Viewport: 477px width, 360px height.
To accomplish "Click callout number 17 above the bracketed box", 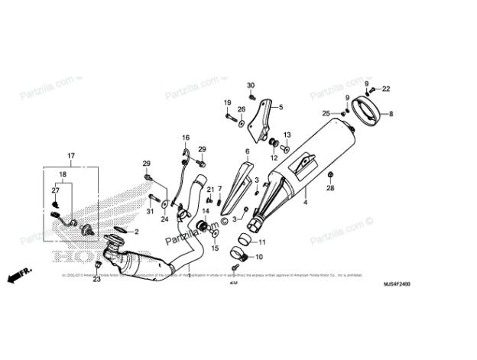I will point(71,156).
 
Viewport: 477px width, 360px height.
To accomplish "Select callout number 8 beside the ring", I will point(391,113).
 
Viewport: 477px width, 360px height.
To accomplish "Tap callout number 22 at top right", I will point(385,89).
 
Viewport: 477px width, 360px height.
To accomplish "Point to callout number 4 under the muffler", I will point(305,203).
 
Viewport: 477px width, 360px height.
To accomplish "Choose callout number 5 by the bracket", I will point(281,108).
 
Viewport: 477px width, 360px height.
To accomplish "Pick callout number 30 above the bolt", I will point(251,84).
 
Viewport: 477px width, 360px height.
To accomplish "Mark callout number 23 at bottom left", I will point(97,281).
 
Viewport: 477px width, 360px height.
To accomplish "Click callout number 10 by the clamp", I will point(258,257).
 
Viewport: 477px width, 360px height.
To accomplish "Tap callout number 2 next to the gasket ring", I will point(136,230).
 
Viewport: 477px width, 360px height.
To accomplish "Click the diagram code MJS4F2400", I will point(397,284).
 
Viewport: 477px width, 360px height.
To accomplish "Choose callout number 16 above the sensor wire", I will point(185,138).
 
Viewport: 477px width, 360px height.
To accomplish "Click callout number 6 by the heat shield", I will point(248,152).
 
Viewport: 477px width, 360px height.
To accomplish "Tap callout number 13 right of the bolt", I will point(287,134).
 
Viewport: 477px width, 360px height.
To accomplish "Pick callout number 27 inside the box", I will point(55,190).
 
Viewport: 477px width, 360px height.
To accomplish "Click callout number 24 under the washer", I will point(164,219).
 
